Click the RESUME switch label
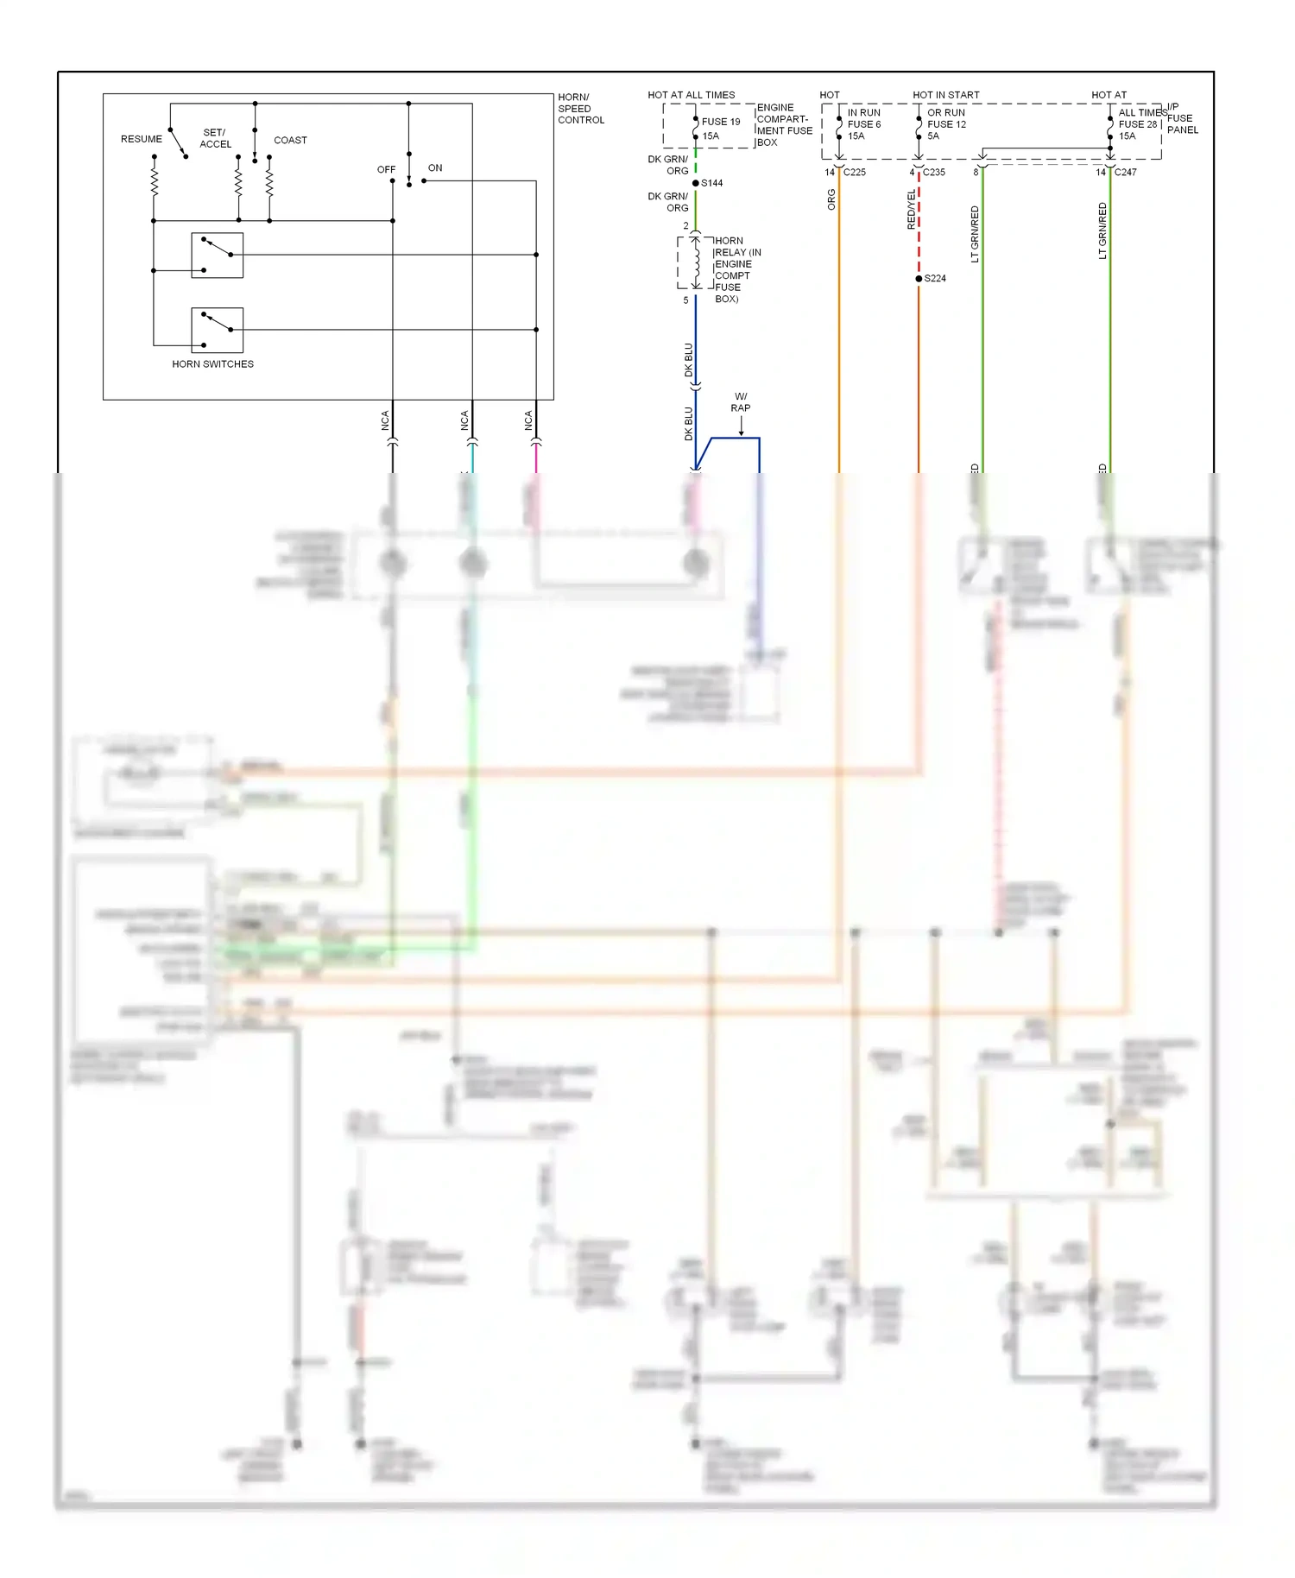tap(142, 139)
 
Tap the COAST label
tap(290, 140)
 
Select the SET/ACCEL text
tap(215, 138)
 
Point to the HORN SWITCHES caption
tap(212, 364)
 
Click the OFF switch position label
tap(386, 170)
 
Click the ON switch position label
tap(435, 168)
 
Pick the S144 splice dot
tap(696, 183)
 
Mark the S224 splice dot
tap(919, 279)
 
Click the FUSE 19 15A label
tap(720, 129)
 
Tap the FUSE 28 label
tap(1137, 124)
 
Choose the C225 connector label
tap(855, 173)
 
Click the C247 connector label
tap(1125, 173)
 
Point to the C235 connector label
tap(934, 173)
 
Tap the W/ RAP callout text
tap(741, 402)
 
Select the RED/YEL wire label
tap(911, 210)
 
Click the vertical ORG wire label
tap(831, 200)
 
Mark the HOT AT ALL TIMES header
tap(691, 95)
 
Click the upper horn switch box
tap(217, 255)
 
